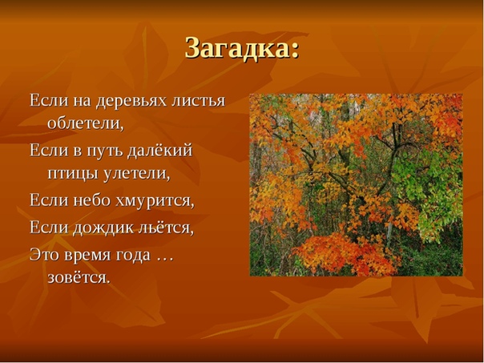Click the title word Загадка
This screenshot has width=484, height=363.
pos(238,48)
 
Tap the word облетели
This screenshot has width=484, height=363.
pos(86,123)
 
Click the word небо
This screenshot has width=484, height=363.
pos(91,200)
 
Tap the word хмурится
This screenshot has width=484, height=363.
pos(155,201)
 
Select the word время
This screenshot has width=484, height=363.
pos(87,256)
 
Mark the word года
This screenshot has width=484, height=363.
pos(133,256)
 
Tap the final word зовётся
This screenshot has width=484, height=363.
pos(79,277)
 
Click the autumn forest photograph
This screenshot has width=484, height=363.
pos(356,184)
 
